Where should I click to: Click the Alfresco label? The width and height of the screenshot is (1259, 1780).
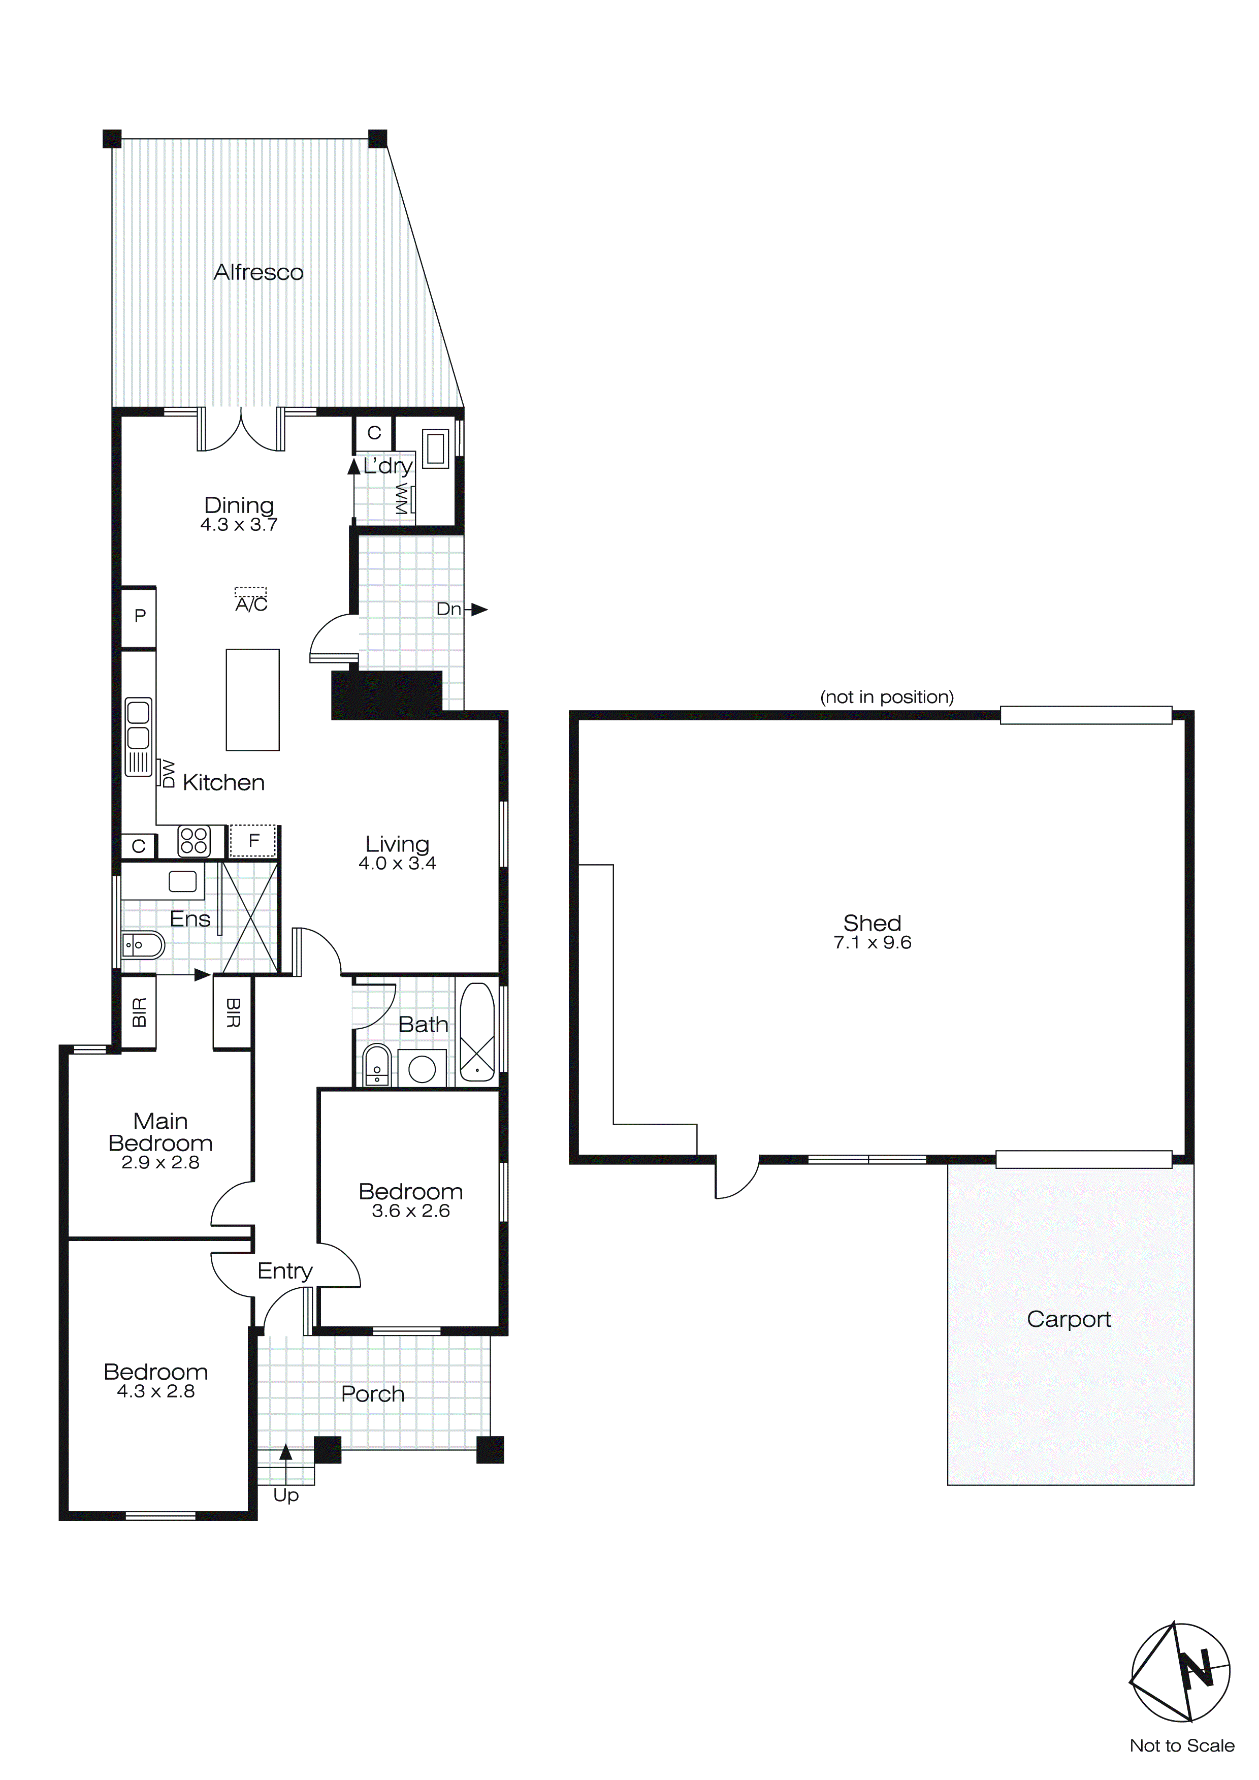coord(258,272)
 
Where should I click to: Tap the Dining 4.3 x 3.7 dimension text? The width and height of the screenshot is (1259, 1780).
coord(239,525)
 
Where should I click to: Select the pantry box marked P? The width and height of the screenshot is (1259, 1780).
coord(140,616)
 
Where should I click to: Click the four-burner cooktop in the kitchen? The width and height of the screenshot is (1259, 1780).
coord(194,841)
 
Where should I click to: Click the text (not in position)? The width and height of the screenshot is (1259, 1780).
coord(887,697)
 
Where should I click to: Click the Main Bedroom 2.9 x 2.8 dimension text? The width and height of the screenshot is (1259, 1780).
coord(160,1162)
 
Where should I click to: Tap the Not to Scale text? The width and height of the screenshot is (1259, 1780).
coord(1181,1746)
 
